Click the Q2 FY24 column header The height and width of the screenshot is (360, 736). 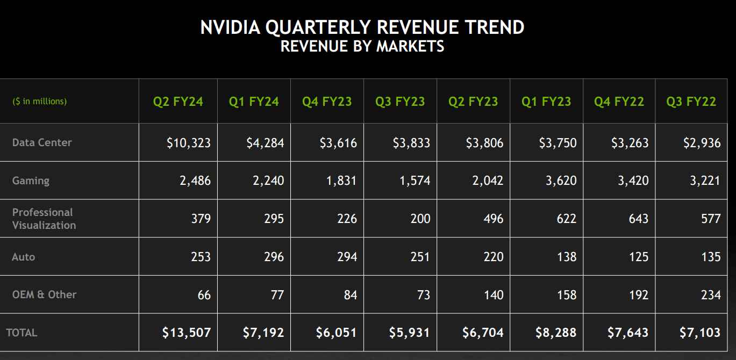click(178, 102)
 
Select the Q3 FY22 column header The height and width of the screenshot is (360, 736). click(691, 102)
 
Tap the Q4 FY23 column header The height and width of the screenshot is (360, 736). click(327, 102)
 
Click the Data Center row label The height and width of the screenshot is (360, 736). click(42, 142)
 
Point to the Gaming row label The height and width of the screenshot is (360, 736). click(31, 181)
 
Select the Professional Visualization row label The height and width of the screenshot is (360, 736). click(44, 219)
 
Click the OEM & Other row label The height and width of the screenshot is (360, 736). click(44, 294)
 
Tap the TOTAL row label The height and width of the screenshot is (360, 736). click(22, 333)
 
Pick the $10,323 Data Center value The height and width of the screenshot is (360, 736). click(188, 143)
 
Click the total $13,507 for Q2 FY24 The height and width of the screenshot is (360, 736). click(186, 333)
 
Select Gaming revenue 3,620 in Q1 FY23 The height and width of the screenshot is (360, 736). click(561, 181)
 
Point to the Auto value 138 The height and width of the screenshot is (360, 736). click(567, 257)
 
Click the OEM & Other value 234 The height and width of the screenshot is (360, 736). click(710, 295)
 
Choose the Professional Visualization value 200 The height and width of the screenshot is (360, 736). click(419, 219)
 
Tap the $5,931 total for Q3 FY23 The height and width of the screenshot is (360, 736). click(409, 333)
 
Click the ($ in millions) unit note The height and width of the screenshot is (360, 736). click(39, 102)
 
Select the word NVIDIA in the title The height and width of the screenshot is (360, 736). click(230, 27)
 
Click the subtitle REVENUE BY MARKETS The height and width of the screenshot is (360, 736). click(362, 47)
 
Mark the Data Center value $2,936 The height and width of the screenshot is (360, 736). click(702, 143)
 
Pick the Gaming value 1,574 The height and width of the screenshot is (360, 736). click(415, 181)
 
